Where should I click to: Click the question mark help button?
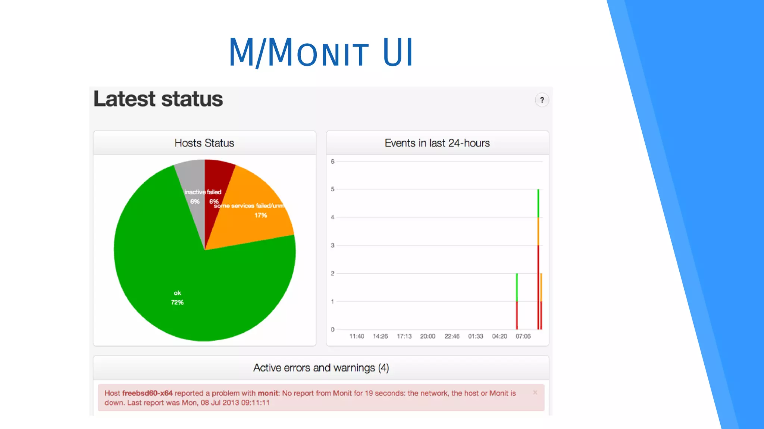(542, 100)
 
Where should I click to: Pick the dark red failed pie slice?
(216, 179)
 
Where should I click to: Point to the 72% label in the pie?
(177, 303)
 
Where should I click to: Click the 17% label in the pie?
(260, 215)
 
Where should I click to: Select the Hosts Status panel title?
(204, 143)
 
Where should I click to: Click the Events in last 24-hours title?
(437, 143)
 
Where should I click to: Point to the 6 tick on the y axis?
(332, 162)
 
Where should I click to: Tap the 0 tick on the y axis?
(332, 329)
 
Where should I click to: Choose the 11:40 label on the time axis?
(356, 336)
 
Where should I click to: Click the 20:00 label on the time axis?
(428, 336)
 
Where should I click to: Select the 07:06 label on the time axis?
(523, 336)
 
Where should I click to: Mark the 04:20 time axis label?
(499, 336)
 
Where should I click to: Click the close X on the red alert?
(535, 392)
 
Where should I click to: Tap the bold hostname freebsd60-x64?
(147, 393)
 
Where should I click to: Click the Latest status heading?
(158, 99)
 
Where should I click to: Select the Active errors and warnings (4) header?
(321, 368)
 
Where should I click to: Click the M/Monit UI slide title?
(321, 52)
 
